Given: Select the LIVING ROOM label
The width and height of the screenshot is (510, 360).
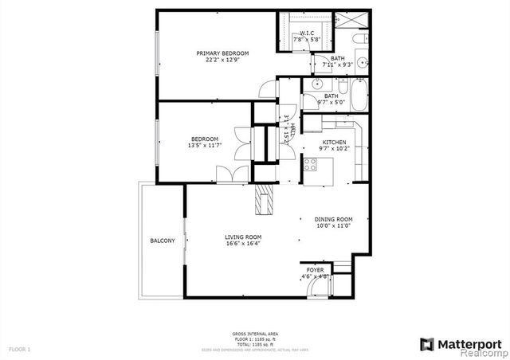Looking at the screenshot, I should [x=242, y=237].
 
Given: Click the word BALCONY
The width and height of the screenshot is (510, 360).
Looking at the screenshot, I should [x=163, y=241].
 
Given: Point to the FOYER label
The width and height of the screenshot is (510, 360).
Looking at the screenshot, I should [x=316, y=271].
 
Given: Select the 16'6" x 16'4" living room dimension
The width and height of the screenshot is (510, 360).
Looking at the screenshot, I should [x=242, y=245].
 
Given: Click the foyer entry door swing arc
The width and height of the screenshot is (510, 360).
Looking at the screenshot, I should [x=308, y=279].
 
